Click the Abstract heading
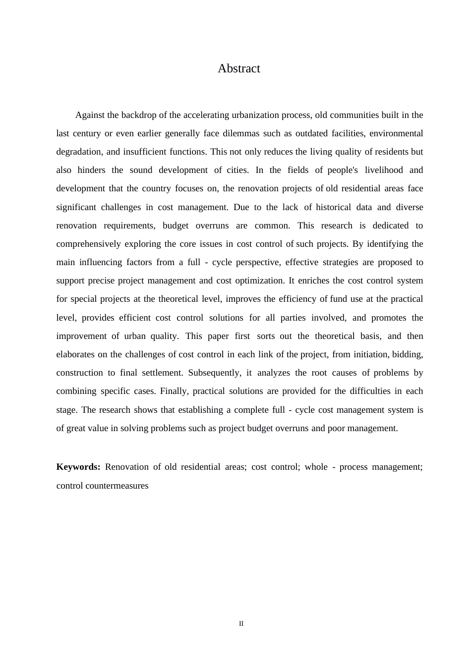(x=238, y=68)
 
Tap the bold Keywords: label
(x=78, y=467)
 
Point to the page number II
(x=241, y=623)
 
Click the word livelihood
(x=384, y=170)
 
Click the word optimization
(x=258, y=280)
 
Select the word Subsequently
(x=215, y=373)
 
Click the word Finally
(x=174, y=391)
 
